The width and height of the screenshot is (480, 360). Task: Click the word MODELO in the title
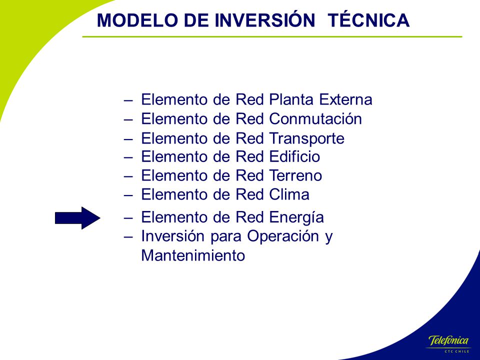click(137, 20)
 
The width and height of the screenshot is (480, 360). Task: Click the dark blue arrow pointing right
click(78, 218)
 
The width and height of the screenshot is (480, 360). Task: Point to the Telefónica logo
click(448, 343)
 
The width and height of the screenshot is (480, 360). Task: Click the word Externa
click(345, 99)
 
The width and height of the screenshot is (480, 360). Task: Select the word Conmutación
click(315, 119)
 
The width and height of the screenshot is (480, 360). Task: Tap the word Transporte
click(307, 138)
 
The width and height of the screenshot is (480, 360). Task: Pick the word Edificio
click(295, 156)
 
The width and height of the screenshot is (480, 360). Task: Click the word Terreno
click(295, 175)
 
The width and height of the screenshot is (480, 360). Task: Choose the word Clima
click(289, 194)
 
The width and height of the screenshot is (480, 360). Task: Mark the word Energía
click(296, 218)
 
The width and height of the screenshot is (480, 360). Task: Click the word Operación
click(283, 236)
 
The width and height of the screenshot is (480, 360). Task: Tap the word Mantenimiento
click(193, 255)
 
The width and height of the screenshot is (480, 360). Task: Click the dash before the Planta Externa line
click(128, 100)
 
